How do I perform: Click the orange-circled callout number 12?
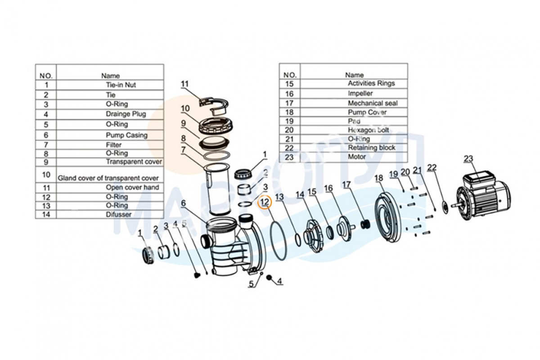pos(265,202)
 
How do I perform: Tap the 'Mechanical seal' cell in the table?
pos(373,103)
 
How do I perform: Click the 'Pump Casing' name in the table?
pos(126,135)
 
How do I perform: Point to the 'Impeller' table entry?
pos(360,93)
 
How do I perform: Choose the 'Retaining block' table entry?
pos(372,148)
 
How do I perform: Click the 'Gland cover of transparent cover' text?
pos(108,178)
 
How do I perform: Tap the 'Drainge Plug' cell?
pos(126,114)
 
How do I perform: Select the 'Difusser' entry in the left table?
pos(119,214)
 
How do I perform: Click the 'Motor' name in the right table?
pos(357,157)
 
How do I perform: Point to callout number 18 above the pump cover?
pos(378,178)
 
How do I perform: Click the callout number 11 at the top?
pos(184,84)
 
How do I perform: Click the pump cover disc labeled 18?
pos(387,217)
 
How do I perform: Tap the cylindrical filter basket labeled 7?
pos(217,190)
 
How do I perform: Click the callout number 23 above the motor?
pos(468,159)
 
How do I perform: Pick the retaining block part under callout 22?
pos(445,207)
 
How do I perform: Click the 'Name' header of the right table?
pos(354,75)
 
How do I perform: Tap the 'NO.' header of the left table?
pos(46,76)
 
